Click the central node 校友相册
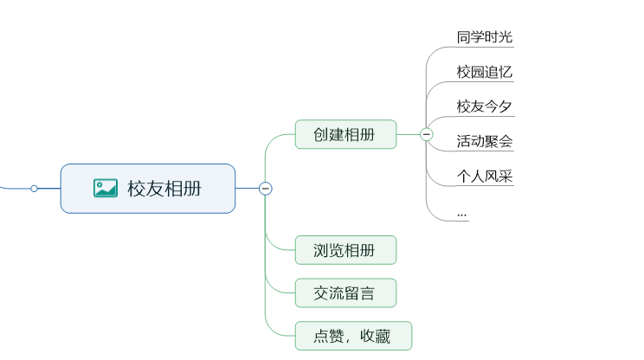[148, 189]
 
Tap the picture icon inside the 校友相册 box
[106, 188]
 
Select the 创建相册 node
[345, 134]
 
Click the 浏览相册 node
[345, 250]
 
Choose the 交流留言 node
[345, 293]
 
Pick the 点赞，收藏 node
[353, 336]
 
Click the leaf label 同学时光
[485, 37]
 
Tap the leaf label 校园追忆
[485, 72]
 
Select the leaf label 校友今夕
[485, 106]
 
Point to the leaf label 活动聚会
[485, 141]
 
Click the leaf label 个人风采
[485, 176]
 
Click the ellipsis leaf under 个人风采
[462, 212]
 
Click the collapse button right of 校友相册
[266, 188]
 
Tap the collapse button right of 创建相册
[426, 134]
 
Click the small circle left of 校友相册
[34, 188]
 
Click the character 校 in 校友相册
[137, 189]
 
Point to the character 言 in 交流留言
[368, 293]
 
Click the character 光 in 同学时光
[506, 37]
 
